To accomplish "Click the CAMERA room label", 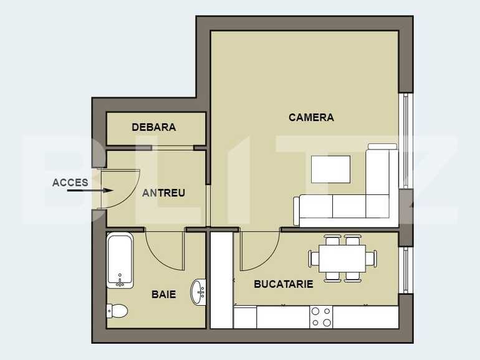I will (x=311, y=117).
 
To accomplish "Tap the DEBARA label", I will (x=153, y=127).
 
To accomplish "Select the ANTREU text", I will (x=163, y=193).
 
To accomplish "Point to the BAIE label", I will (x=163, y=294).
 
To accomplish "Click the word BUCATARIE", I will (x=283, y=284).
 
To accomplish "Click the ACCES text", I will (x=70, y=182).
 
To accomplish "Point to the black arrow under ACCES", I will (x=81, y=191).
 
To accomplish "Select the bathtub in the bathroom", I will (x=119, y=260).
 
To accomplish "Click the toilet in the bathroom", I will (x=117, y=310).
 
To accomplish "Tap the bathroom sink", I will (x=199, y=290).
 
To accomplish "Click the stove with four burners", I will (x=321, y=316).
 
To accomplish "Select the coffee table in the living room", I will (x=330, y=168).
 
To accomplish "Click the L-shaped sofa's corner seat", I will (x=380, y=206).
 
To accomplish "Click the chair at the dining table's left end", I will (x=314, y=257).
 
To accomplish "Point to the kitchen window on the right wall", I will (x=406, y=269).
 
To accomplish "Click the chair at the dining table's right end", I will (x=372, y=257).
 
